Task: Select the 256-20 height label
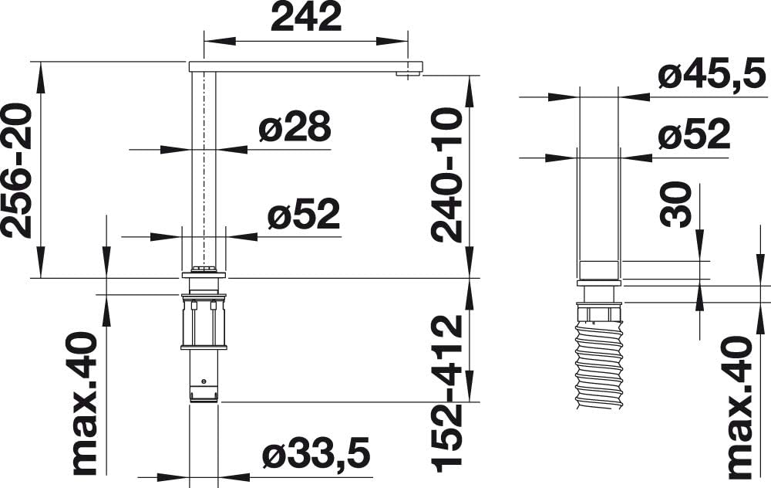coord(16,171)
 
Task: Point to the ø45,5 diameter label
coord(712,74)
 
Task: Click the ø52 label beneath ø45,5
coord(695,134)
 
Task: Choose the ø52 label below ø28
coord(304,214)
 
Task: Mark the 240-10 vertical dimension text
coord(447,176)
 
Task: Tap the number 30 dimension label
coord(675,205)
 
